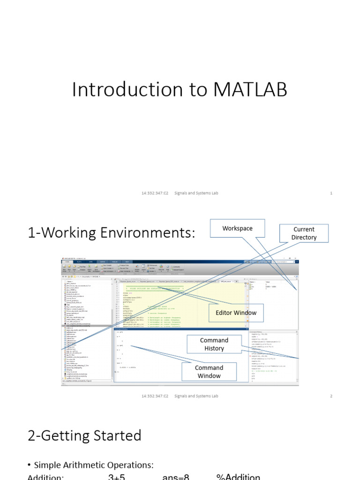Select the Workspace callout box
pyautogui.click(x=237, y=229)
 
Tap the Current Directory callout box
pyautogui.click(x=304, y=233)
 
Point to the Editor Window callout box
pyautogui.click(x=236, y=313)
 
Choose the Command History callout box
pyautogui.click(x=214, y=344)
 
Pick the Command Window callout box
pyautogui.click(x=209, y=372)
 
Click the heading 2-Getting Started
pyautogui.click(x=84, y=435)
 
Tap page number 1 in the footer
pyautogui.click(x=331, y=193)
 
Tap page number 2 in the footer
pyautogui.click(x=331, y=396)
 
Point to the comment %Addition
pyautogui.click(x=238, y=477)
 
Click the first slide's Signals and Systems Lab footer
pyautogui.click(x=196, y=193)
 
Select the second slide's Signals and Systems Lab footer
pyautogui.click(x=196, y=396)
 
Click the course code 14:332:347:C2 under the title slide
pyautogui.click(x=155, y=193)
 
